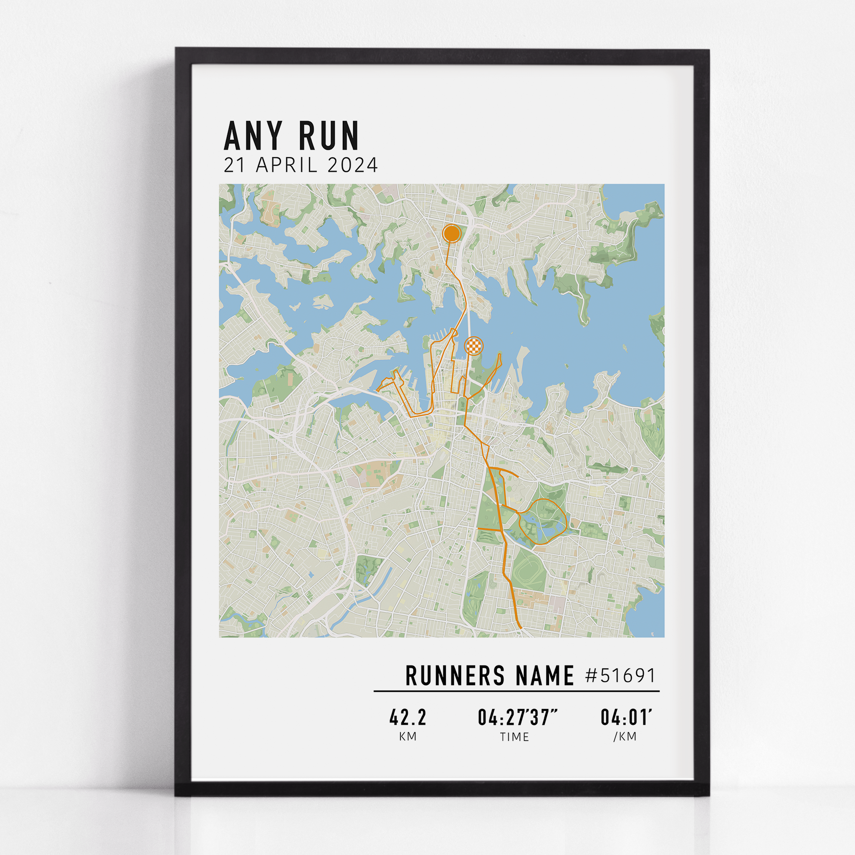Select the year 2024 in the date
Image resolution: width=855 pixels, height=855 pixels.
(353, 165)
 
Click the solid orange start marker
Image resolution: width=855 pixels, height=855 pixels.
(451, 233)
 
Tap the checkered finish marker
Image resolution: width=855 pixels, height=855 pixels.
(473, 346)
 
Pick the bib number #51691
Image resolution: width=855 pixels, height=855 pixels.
(620, 676)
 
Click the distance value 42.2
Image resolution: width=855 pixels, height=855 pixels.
(407, 717)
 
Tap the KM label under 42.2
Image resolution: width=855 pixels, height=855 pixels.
(407, 736)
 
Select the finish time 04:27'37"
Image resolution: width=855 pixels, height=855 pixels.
(517, 717)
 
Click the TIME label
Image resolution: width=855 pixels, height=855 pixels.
(514, 737)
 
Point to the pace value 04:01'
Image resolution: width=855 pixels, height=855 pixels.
(626, 717)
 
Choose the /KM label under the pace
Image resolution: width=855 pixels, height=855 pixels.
(625, 736)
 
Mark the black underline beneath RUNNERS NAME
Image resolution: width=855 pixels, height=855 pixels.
(516, 691)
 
